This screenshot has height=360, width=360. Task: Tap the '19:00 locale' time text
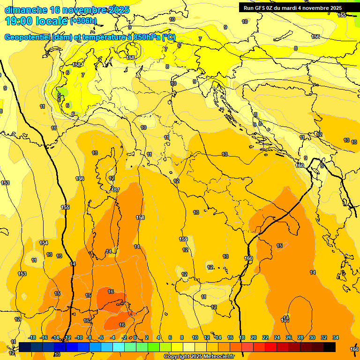click(x=36, y=21)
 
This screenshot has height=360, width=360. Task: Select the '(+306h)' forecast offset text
click(x=83, y=21)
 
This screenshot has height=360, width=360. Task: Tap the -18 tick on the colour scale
click(x=32, y=337)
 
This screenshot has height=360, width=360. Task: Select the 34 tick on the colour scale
click(x=335, y=337)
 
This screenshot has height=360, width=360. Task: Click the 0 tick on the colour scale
click(x=135, y=337)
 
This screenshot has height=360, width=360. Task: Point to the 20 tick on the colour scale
click(x=254, y=337)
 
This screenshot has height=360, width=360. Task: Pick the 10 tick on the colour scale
click(x=195, y=337)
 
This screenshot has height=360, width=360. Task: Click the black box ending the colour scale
click(x=330, y=347)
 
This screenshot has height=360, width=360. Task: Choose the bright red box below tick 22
click(x=271, y=347)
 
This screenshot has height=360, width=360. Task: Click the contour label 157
click(x=116, y=190)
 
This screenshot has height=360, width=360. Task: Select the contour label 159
click(x=184, y=240)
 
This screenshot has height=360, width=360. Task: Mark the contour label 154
click(x=44, y=243)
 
